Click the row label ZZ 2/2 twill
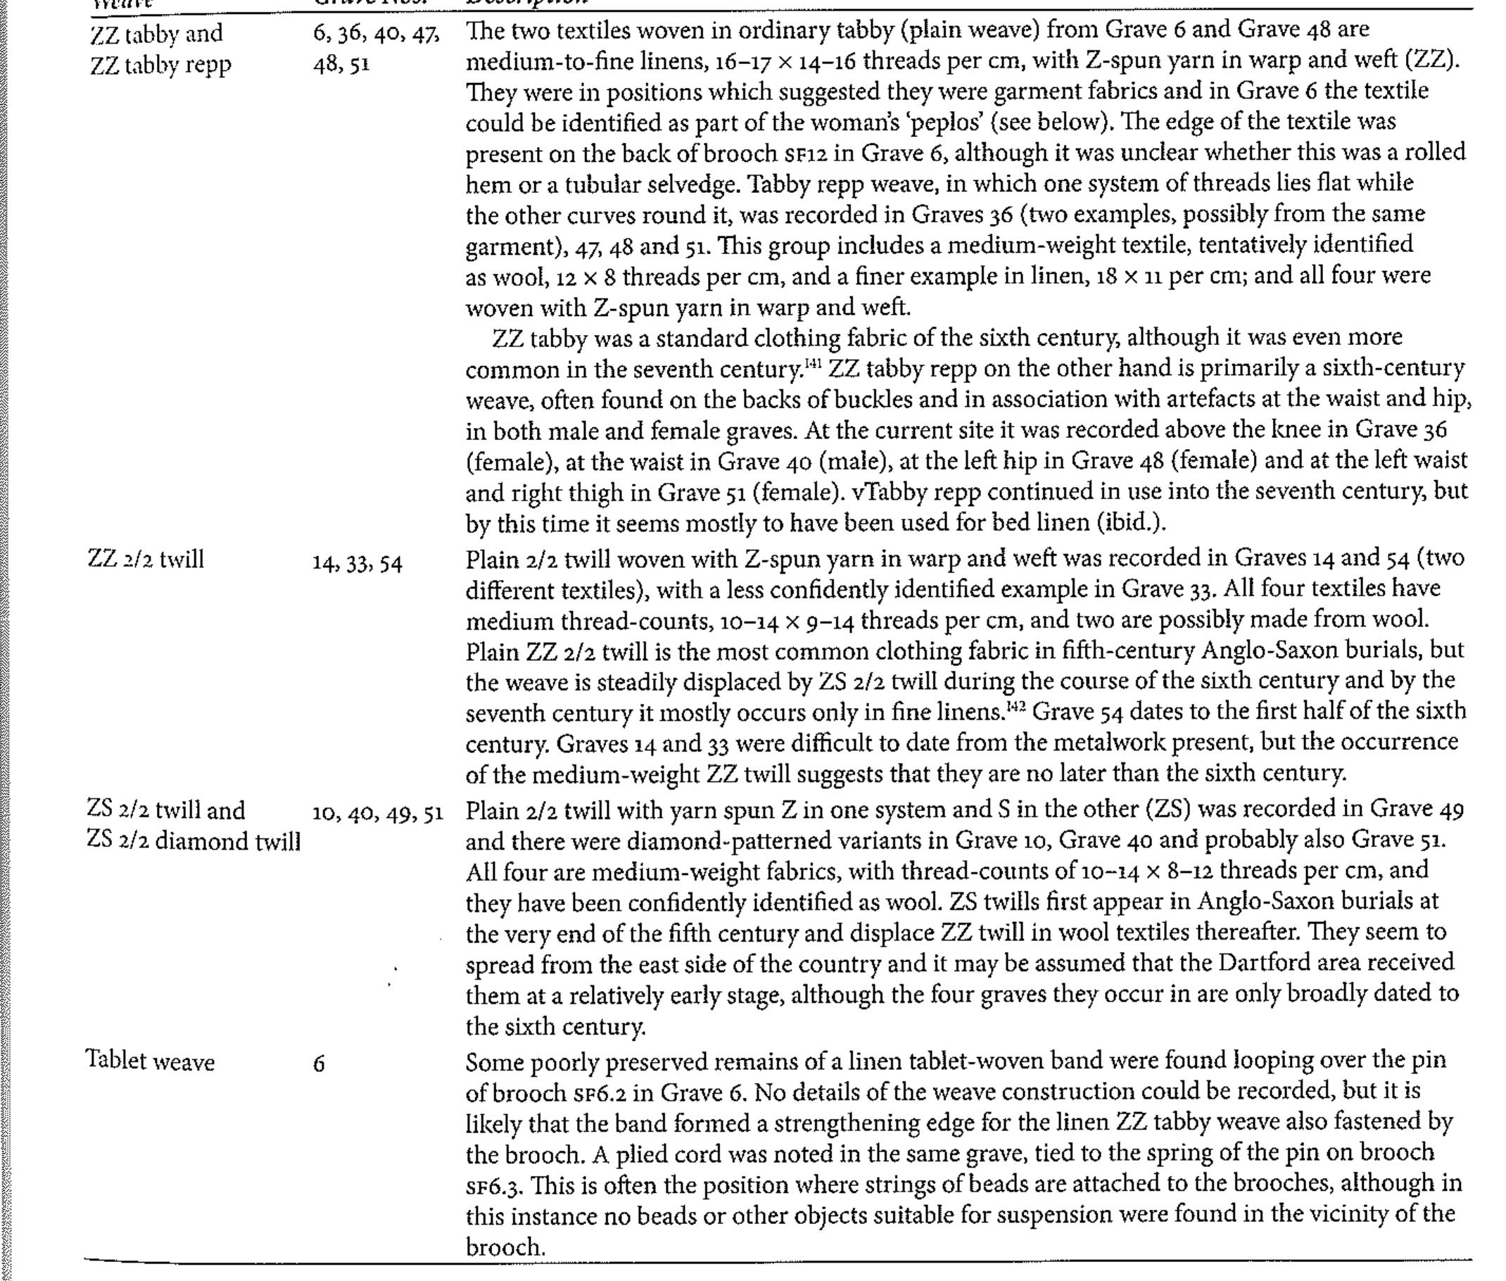[145, 559]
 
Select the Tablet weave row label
[151, 1061]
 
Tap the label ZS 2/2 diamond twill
[193, 841]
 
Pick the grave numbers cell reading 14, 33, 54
[357, 563]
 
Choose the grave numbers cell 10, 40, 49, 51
[378, 814]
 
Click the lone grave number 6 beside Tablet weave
[319, 1065]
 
